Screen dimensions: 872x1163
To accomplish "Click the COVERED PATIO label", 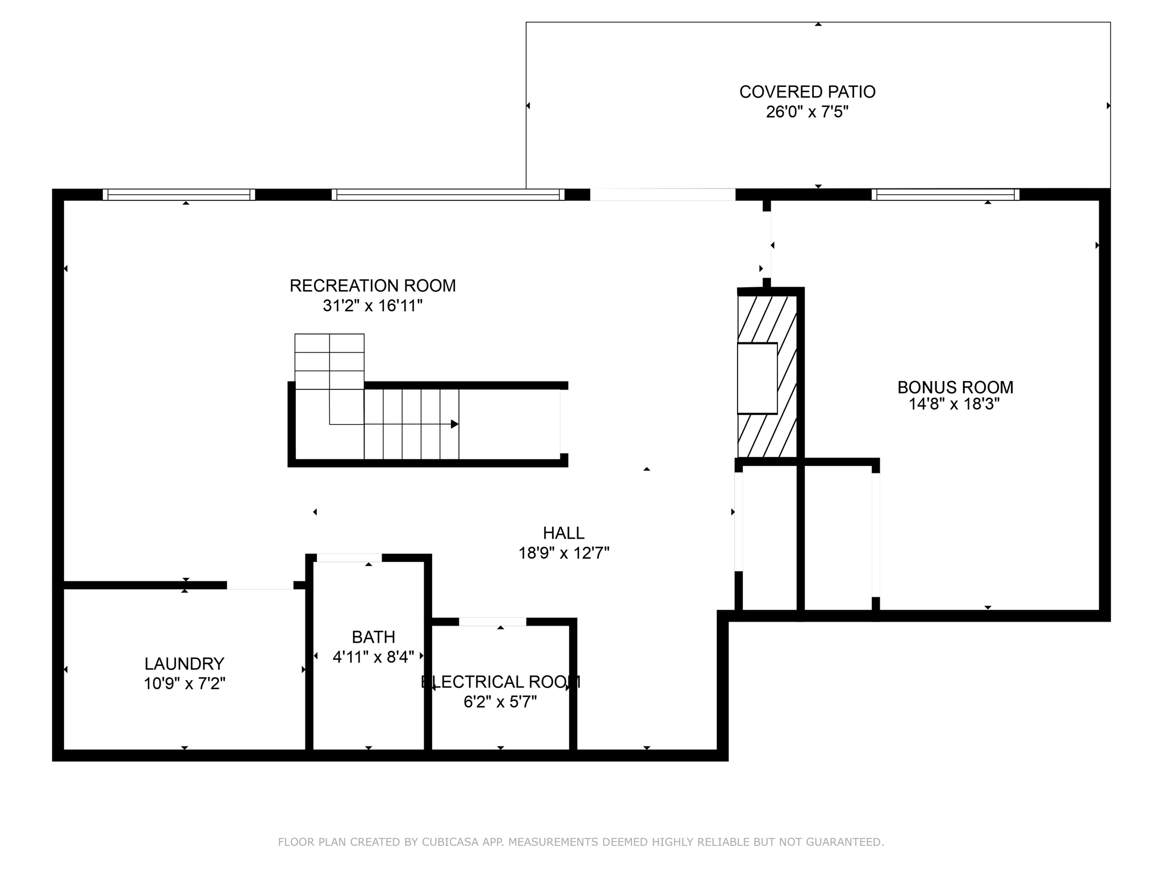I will coord(807,92).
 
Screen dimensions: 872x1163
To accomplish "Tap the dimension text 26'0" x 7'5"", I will coord(807,112).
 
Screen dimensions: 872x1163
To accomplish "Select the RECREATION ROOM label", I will coord(373,286).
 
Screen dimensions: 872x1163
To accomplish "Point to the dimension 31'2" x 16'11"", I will coord(373,306).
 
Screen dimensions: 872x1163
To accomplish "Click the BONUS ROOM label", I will coord(955,387).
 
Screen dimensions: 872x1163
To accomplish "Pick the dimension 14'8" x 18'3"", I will coord(954,404).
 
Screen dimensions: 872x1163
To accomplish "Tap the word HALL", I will coord(563,533).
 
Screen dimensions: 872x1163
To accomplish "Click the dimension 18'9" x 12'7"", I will coord(563,553).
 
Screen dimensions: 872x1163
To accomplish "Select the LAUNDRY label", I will coord(184,664).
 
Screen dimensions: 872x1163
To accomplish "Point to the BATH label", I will coord(373,637).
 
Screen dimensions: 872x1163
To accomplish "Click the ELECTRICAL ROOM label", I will coord(500,682).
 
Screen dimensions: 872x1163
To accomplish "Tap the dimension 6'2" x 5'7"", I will coord(500,702).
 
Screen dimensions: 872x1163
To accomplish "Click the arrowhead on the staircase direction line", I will coord(454,424).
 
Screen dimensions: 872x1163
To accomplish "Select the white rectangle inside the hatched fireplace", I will coord(757,378).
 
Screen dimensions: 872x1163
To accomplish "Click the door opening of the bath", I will coord(349,557).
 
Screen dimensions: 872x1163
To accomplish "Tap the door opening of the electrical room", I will coord(492,622).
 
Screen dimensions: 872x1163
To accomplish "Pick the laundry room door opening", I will coord(260,585).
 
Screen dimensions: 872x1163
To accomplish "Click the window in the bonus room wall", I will coord(945,195).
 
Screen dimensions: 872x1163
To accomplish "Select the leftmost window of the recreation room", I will coord(179,195).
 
